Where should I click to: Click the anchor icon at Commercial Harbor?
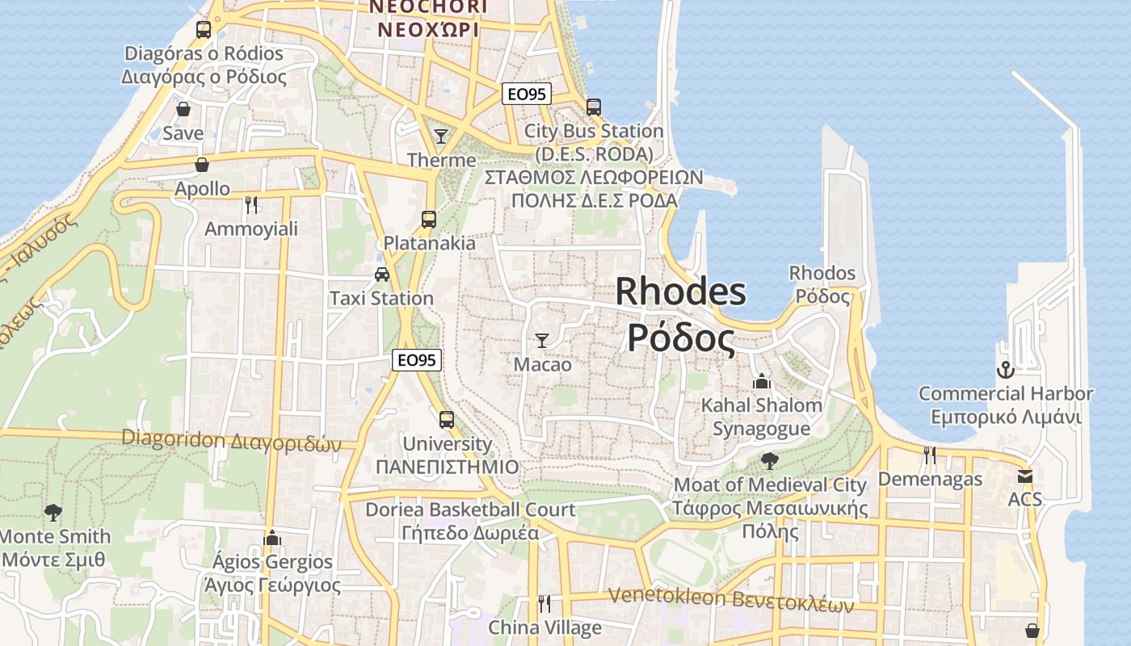[x=1005, y=370]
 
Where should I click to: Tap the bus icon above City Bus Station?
[x=594, y=107]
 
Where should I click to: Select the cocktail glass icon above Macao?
[x=542, y=341]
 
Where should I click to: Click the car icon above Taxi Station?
[x=382, y=275]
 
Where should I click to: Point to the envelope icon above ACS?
[x=1025, y=476]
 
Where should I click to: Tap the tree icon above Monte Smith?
[x=53, y=512]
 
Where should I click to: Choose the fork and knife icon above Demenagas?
[x=930, y=455]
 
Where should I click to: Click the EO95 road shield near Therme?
[x=526, y=94]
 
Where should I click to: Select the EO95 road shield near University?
[x=417, y=360]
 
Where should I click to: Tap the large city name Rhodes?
[x=680, y=292]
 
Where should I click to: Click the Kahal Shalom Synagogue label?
[x=761, y=417]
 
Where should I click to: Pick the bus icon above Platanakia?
[x=429, y=219]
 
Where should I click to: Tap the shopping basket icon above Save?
[x=183, y=109]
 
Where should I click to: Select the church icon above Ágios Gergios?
[x=272, y=538]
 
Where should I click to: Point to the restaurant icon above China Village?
[x=544, y=603]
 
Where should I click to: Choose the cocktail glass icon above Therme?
[x=441, y=136]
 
